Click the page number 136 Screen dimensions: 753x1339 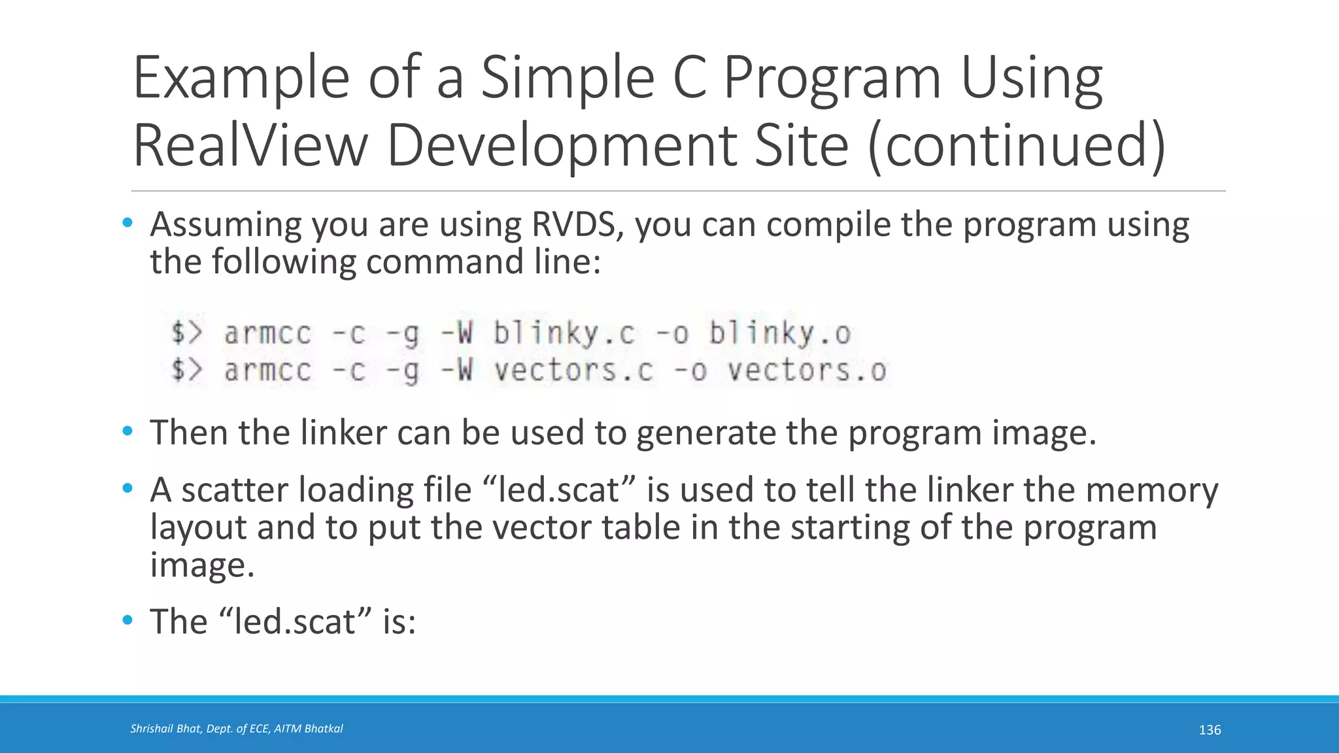(x=1210, y=730)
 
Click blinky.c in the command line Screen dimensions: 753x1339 (x=564, y=333)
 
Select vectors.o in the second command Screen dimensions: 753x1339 (x=807, y=371)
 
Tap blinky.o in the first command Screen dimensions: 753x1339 (x=780, y=333)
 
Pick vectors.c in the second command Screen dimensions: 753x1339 (x=573, y=371)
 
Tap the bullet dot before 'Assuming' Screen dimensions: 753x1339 (x=127, y=223)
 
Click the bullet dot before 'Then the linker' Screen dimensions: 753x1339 (x=127, y=431)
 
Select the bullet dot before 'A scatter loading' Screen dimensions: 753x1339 (x=127, y=488)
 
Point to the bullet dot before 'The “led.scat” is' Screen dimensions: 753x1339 (x=127, y=620)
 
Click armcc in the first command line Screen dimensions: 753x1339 (x=268, y=333)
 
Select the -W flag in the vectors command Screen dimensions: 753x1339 (x=456, y=371)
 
